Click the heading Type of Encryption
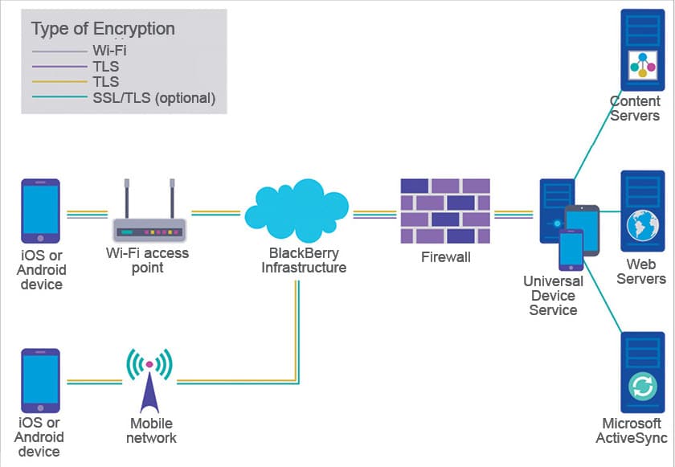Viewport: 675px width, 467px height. tap(103, 29)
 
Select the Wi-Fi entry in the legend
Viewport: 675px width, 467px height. tap(109, 51)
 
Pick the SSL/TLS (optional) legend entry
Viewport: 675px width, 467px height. tap(153, 98)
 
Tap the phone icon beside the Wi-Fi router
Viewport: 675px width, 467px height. tap(40, 211)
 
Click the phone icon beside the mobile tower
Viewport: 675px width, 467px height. tap(40, 380)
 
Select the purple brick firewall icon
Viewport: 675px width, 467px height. tap(445, 211)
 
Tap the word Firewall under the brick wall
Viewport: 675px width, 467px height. tap(445, 257)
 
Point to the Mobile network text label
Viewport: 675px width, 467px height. tap(151, 431)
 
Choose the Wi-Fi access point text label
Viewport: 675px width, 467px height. tap(148, 260)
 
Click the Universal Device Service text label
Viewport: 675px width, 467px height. tap(553, 296)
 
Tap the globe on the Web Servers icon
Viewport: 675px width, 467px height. tap(642, 220)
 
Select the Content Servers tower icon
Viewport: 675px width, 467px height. tap(642, 50)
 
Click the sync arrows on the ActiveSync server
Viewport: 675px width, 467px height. tap(642, 387)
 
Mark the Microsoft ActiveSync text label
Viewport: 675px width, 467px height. tap(632, 431)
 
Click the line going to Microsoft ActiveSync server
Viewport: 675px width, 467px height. tap(603, 301)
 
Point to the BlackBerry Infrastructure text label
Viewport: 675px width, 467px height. tap(304, 260)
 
